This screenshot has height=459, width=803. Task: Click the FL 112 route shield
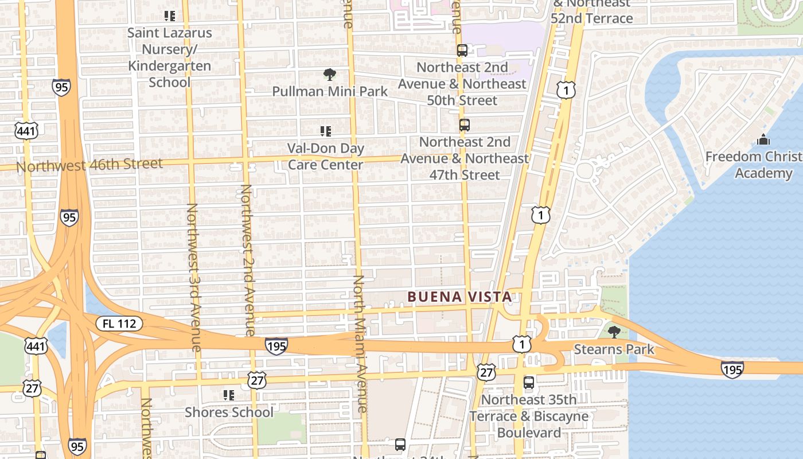119,324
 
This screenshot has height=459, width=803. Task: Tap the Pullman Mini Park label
330,91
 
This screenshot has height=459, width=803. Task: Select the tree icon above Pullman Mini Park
329,74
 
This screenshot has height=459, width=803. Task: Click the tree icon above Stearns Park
614,332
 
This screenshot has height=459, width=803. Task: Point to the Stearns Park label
614,349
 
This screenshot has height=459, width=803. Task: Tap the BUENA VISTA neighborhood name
459,297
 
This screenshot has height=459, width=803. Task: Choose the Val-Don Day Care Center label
326,157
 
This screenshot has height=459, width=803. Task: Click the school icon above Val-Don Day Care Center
326,131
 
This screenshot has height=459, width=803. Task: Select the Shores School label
229,412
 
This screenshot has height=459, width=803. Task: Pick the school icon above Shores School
229,395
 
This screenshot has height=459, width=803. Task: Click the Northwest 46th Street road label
89,165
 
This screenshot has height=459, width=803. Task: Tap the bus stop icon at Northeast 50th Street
462,50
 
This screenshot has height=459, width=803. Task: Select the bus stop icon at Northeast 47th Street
465,125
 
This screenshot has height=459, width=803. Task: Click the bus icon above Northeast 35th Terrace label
529,382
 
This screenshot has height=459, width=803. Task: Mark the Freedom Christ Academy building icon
763,139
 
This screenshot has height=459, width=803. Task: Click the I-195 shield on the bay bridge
732,369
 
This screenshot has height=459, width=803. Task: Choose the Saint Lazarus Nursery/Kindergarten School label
169,57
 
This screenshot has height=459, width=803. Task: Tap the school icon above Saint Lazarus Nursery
169,15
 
